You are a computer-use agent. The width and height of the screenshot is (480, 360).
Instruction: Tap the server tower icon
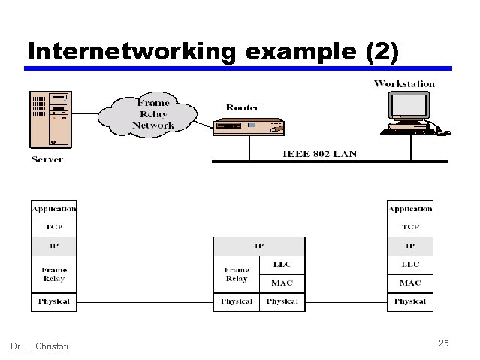tap(50, 119)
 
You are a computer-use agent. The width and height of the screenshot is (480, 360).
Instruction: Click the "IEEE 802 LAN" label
tap(319, 154)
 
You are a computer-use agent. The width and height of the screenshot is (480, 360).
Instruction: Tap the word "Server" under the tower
tap(47, 159)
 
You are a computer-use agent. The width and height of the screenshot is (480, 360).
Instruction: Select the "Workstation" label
tap(404, 83)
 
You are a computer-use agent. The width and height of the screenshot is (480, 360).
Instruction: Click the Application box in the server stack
tap(53, 208)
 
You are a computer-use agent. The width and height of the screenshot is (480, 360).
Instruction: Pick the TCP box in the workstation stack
tap(410, 226)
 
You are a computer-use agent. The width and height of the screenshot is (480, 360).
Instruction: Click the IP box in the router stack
tap(259, 246)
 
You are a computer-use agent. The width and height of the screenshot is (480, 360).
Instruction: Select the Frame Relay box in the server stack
tap(53, 274)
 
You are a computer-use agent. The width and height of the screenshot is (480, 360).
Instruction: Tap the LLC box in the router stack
tap(282, 265)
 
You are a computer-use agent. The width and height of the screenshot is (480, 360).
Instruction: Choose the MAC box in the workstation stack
tap(410, 283)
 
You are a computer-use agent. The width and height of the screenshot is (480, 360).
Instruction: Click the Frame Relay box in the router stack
tap(237, 274)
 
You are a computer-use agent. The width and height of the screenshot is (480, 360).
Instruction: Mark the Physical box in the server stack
tap(53, 302)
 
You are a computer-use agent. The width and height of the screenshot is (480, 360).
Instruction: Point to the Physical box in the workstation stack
tap(410, 302)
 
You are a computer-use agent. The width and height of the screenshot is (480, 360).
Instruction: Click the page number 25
tap(443, 343)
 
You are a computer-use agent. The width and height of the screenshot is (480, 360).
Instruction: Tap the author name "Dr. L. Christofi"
tap(39, 346)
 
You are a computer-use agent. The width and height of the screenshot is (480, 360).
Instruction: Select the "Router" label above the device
tap(242, 108)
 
